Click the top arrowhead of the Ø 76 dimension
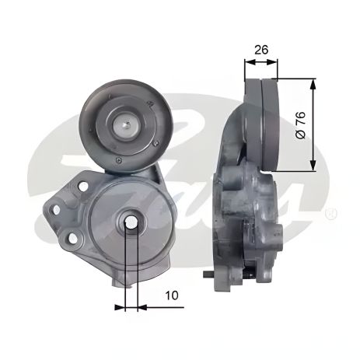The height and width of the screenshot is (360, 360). (x=313, y=82)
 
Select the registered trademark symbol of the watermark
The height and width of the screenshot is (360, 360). (x=333, y=211)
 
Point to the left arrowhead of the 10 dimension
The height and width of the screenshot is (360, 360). (x=120, y=307)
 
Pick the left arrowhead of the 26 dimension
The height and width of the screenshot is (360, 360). (x=247, y=65)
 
